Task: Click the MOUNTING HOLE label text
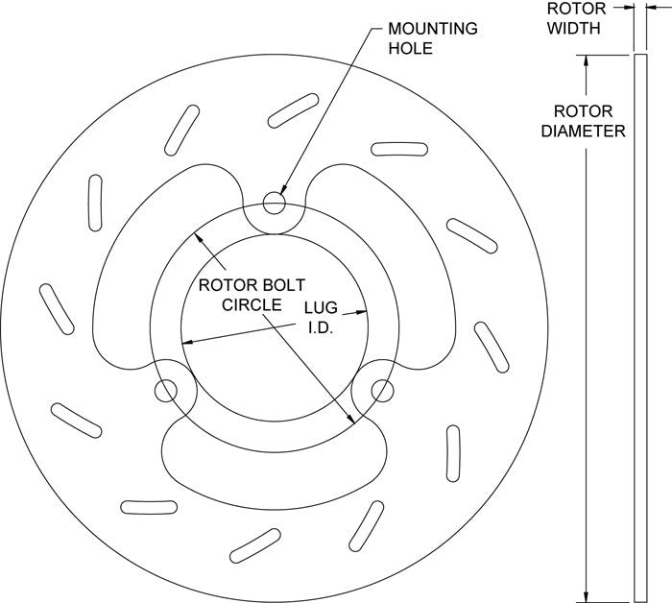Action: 431,37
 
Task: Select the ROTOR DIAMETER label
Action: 583,120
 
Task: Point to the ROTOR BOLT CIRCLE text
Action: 239,295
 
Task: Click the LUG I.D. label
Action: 319,317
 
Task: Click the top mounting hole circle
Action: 275,203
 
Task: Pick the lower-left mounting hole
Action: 166,390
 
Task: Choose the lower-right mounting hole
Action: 382,390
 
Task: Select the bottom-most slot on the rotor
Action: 254,543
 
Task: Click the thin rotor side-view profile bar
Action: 639,326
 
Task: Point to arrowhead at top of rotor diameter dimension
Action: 586,60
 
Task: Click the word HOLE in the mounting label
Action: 411,47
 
